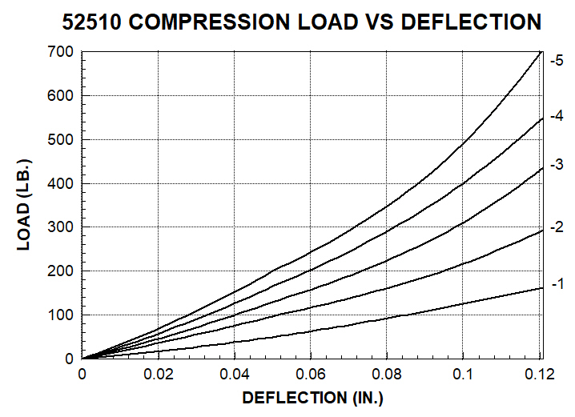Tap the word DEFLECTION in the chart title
coord(471,22)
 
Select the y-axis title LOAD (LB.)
coord(25,204)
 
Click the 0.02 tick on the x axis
coord(158,375)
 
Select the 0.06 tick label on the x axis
coord(311,375)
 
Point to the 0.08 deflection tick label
coord(387,375)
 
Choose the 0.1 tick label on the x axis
coord(463,375)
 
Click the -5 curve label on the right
coord(557,60)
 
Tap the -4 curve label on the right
coord(557,116)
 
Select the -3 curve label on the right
coord(557,166)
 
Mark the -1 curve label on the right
coord(557,283)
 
